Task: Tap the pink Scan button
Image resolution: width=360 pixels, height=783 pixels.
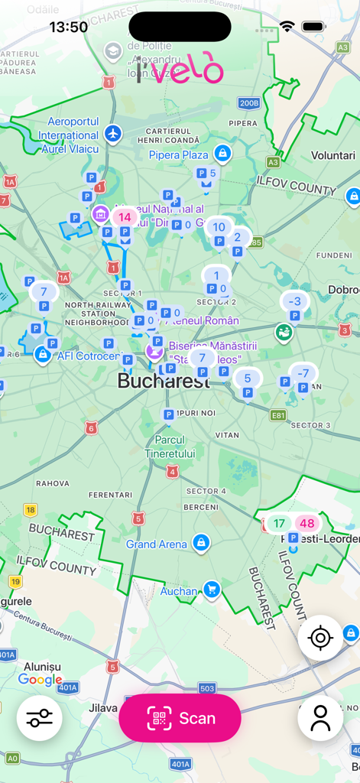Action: (x=180, y=718)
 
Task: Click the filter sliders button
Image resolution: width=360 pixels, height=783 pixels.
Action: (x=39, y=719)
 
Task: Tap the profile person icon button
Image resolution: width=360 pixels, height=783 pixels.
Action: (x=320, y=718)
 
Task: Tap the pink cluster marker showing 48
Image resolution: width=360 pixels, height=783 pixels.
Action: (x=307, y=524)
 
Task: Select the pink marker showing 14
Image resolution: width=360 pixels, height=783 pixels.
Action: (x=125, y=217)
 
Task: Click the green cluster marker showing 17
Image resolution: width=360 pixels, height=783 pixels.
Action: (x=280, y=524)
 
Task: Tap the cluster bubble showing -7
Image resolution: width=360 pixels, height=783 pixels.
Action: (x=303, y=373)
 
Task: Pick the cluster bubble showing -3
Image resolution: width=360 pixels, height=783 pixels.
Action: (x=294, y=301)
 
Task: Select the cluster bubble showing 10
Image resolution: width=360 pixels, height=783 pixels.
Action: (x=219, y=227)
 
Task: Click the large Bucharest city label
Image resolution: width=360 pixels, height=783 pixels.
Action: (x=163, y=381)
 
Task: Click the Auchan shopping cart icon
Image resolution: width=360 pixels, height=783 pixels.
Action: (x=212, y=590)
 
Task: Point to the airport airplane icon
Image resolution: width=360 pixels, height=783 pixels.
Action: (x=114, y=134)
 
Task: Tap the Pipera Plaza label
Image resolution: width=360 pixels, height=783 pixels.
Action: (x=179, y=155)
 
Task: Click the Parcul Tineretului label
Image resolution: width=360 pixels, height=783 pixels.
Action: (x=170, y=447)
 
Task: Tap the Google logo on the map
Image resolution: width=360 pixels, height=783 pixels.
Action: (x=41, y=680)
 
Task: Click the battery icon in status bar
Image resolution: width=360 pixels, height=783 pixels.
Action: (x=313, y=27)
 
